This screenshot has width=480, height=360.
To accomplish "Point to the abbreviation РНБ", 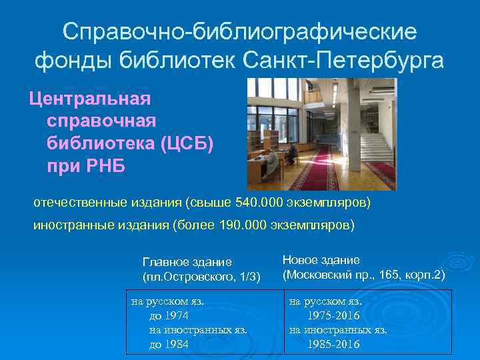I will click(x=102, y=165).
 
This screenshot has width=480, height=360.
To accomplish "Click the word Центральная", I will click(x=89, y=99).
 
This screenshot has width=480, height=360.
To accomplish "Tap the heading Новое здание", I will click(x=321, y=259).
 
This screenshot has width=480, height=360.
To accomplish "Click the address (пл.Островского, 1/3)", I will click(x=201, y=276).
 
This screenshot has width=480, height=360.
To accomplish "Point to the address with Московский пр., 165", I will click(x=363, y=274).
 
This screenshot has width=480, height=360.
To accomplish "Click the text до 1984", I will click(x=169, y=344).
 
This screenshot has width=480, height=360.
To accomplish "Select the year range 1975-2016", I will click(x=333, y=315).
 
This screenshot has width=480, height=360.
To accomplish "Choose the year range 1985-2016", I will click(x=333, y=344).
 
